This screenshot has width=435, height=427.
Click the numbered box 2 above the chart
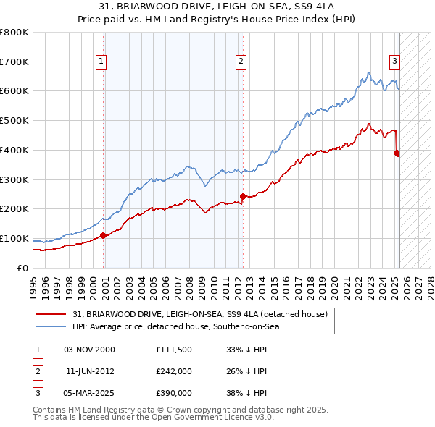point(240,62)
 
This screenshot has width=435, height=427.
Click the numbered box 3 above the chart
point(394,62)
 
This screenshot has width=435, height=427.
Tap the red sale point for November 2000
point(104,234)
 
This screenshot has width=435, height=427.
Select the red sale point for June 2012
point(243,195)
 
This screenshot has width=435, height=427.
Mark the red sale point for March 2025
point(397,153)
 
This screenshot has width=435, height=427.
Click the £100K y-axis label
point(14,239)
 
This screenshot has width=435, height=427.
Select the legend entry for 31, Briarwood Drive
point(200,314)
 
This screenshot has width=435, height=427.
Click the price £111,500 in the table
point(174,349)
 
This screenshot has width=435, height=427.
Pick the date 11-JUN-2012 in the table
point(90,371)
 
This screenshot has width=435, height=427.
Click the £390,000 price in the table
point(174,394)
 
